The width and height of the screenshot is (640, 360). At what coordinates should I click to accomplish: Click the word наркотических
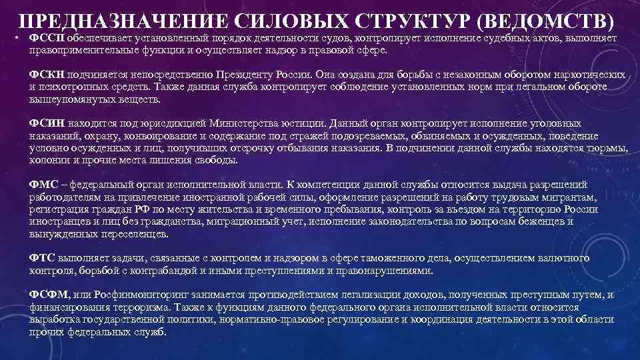pyautogui.click(x=588, y=75)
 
